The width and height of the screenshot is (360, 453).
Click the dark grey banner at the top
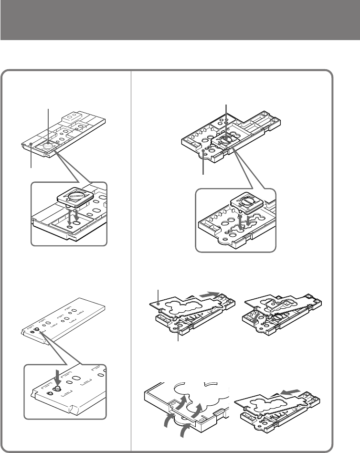(x=180, y=20)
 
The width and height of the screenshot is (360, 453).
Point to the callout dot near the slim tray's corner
(x=31, y=144)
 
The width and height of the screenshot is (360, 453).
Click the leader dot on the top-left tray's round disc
(x=49, y=142)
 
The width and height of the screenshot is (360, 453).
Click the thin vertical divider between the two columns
(x=131, y=258)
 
